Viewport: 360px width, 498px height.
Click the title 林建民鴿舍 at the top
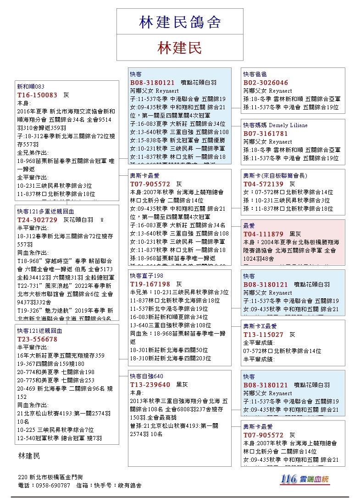click(x=180, y=22)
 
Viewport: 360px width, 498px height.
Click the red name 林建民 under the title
click(x=180, y=48)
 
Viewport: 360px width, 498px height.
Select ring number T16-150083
click(x=37, y=95)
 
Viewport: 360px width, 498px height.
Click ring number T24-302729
click(x=37, y=220)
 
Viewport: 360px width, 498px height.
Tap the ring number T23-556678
click(x=37, y=339)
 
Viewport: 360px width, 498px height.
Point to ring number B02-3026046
click(x=266, y=83)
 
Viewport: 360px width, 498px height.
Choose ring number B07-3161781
click(x=266, y=134)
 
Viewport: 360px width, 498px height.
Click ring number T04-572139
click(x=263, y=184)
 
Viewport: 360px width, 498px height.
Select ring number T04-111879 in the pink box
click(x=263, y=234)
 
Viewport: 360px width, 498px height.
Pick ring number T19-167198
click(x=150, y=284)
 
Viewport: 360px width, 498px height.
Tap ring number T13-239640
click(x=150, y=385)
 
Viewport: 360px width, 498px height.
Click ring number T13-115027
click(x=263, y=335)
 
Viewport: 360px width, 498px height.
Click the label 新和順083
click(x=31, y=86)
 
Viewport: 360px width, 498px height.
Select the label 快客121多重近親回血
click(x=45, y=212)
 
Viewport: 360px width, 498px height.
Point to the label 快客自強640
click(x=146, y=376)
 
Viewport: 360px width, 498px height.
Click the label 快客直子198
click(x=146, y=276)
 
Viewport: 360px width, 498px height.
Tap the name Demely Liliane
click(x=288, y=125)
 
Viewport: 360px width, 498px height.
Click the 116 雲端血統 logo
click(x=305, y=479)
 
